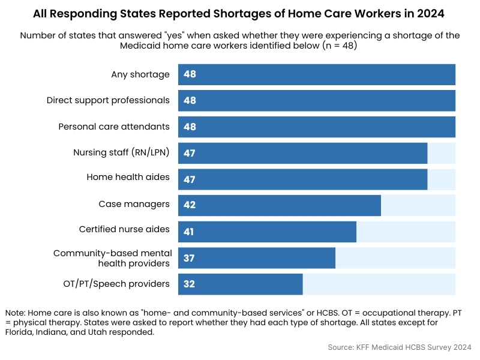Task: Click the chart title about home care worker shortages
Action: point(240,13)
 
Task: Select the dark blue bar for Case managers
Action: point(280,205)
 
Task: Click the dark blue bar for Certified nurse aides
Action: point(267,232)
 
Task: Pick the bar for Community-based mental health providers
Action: point(257,258)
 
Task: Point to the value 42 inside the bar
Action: point(190,205)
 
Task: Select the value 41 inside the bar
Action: point(190,232)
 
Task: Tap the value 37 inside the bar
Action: point(190,258)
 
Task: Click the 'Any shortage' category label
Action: point(140,74)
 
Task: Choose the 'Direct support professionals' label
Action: point(108,100)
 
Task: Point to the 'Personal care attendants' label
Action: point(114,127)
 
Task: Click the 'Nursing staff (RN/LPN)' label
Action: point(121,152)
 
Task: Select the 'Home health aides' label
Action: point(128,178)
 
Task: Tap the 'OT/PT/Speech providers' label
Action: point(116,284)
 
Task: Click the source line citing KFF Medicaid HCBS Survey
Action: point(400,347)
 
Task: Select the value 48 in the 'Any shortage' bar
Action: point(190,74)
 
